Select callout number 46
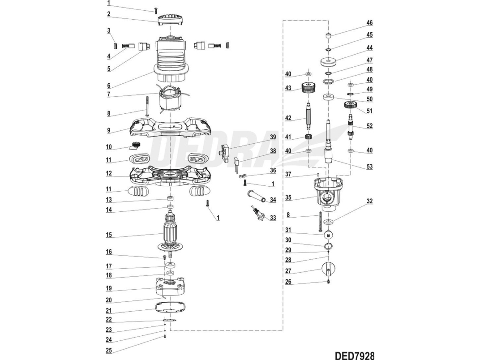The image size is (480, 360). coord(369,22)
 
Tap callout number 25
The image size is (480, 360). coord(108,350)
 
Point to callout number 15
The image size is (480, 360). coord(108,235)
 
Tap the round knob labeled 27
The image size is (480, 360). coord(329,269)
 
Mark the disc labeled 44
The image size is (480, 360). coord(329,61)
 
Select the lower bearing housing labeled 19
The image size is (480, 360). coord(171,287)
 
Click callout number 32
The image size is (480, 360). coord(369,201)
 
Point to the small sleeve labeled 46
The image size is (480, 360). coord(329,36)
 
